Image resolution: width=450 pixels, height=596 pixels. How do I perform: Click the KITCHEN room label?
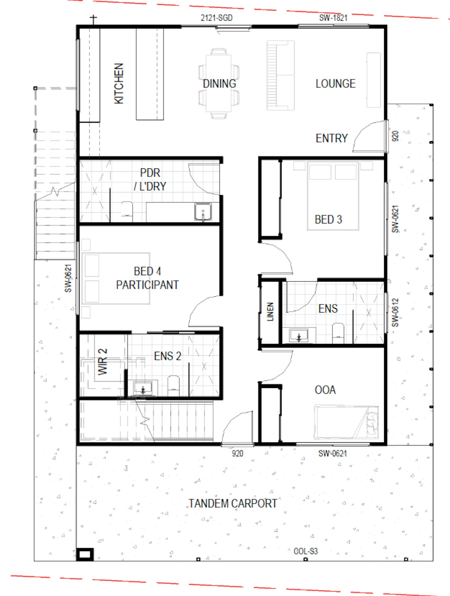pyautogui.click(x=119, y=84)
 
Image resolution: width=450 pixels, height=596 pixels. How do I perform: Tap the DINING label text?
pyautogui.click(x=220, y=84)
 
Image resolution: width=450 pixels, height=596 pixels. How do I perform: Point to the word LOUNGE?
pyautogui.click(x=336, y=84)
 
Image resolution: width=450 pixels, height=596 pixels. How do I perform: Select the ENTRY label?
pyautogui.click(x=332, y=138)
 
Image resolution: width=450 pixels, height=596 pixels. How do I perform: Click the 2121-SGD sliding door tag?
pyautogui.click(x=217, y=18)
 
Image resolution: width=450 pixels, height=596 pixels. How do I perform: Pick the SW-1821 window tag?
pyautogui.click(x=333, y=18)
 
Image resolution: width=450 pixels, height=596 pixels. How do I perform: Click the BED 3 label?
pyautogui.click(x=328, y=220)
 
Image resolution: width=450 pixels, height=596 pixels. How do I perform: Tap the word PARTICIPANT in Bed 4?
pyautogui.click(x=148, y=285)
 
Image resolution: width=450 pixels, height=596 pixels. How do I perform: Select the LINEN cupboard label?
pyautogui.click(x=270, y=312)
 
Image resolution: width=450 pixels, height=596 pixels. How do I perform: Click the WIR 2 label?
pyautogui.click(x=103, y=362)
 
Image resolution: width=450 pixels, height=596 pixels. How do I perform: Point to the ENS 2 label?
pyautogui.click(x=167, y=356)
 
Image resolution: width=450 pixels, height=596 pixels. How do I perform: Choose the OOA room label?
pyautogui.click(x=325, y=390)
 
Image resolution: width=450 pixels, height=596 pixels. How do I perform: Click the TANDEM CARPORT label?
pyautogui.click(x=233, y=503)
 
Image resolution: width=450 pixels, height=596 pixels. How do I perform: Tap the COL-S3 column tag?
pyautogui.click(x=306, y=551)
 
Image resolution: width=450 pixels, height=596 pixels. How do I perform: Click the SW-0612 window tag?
pyautogui.click(x=395, y=312)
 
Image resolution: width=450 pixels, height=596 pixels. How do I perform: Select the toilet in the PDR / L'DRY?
pyautogui.click(x=127, y=211)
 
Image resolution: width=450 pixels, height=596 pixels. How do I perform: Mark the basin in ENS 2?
pyautogui.click(x=143, y=388)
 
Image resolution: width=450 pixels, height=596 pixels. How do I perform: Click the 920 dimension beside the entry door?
pyautogui.click(x=395, y=136)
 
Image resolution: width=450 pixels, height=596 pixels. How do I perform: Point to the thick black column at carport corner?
pyautogui.click(x=85, y=555)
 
